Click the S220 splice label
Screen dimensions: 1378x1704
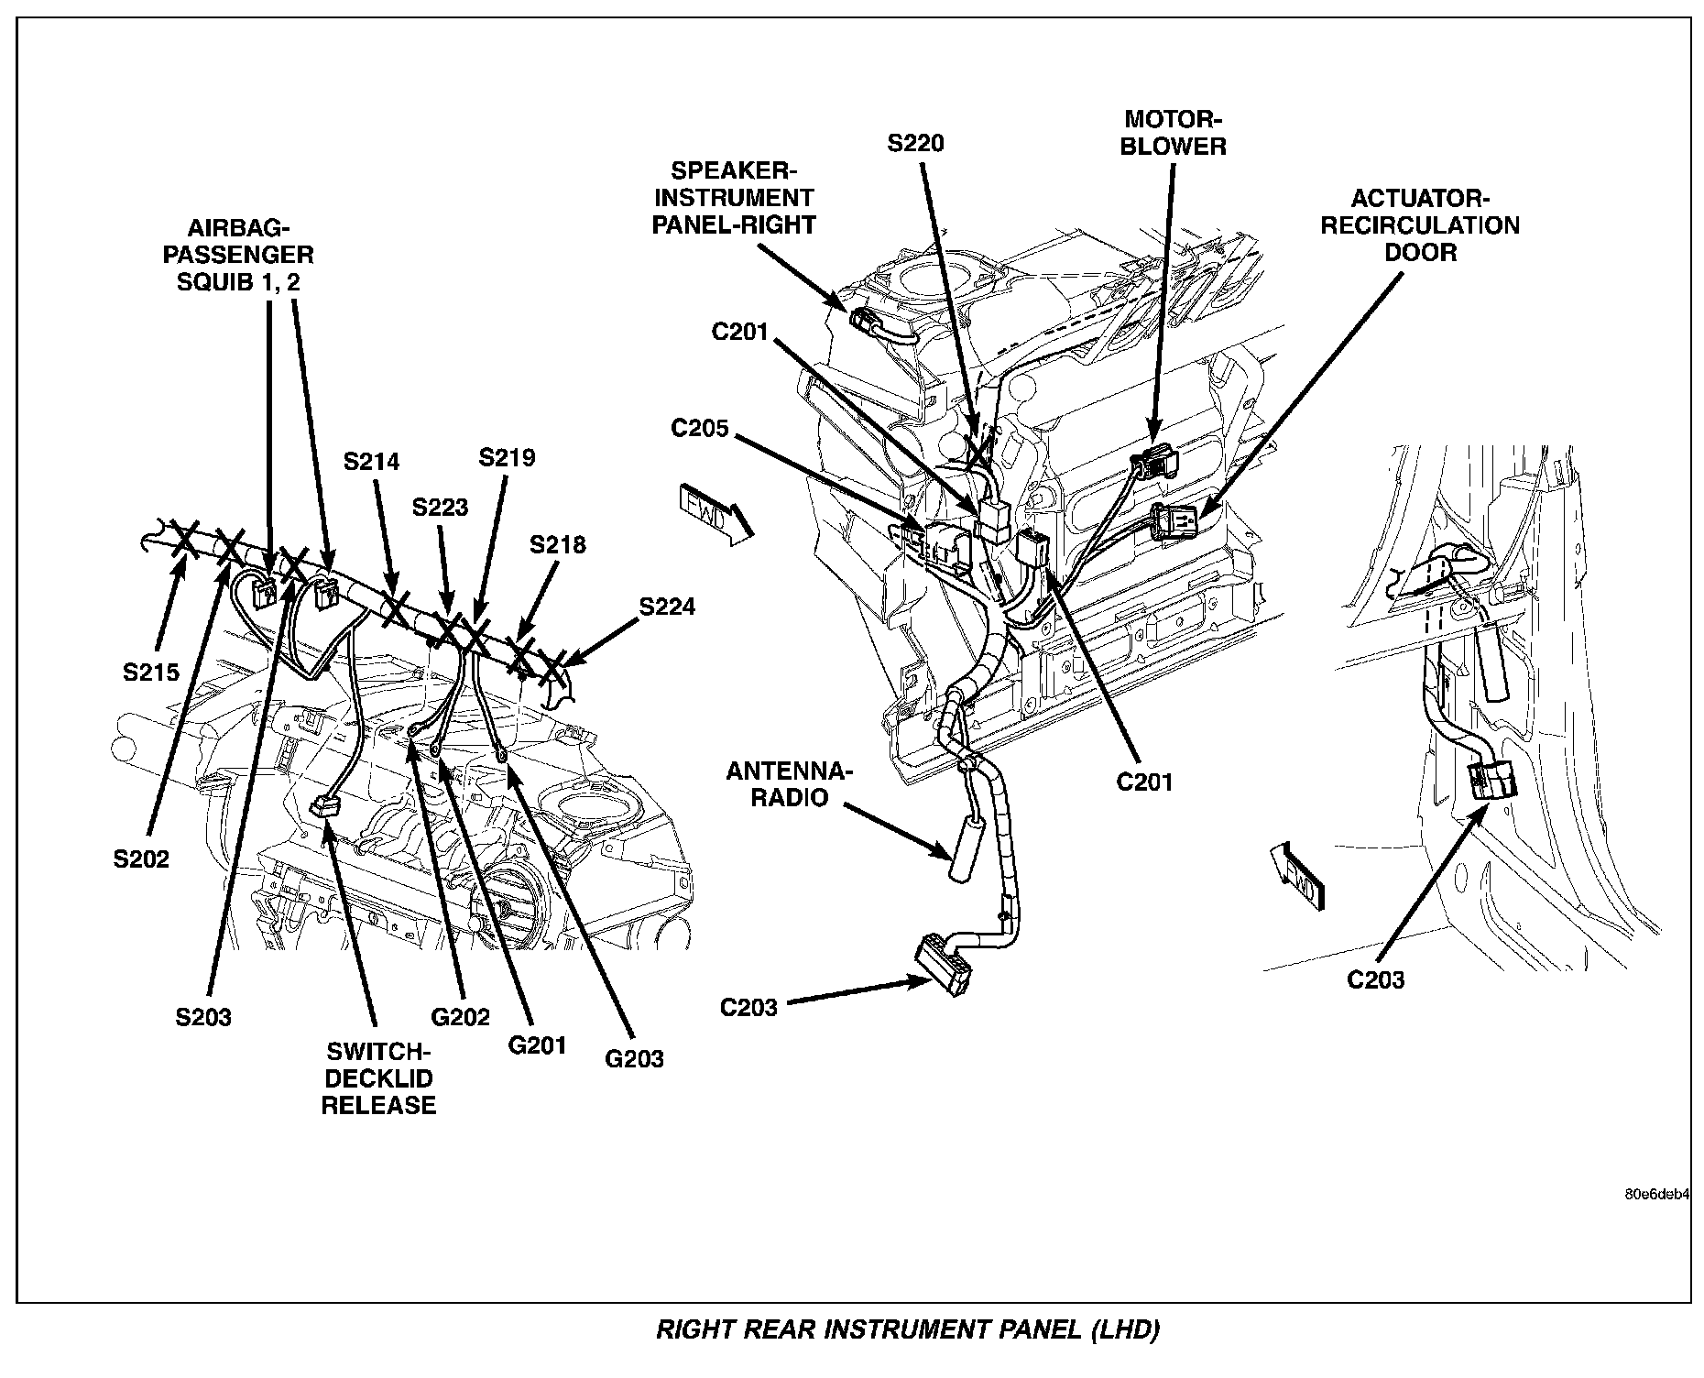(x=915, y=144)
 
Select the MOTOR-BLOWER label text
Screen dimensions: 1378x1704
(x=1173, y=134)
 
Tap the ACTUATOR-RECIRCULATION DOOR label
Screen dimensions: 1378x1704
(x=1419, y=225)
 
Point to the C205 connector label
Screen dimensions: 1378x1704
(x=700, y=428)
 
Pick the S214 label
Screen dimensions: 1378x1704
(x=372, y=462)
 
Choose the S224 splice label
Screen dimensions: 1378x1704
(x=667, y=607)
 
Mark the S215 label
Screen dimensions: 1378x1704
(x=151, y=673)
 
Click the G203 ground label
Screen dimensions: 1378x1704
(x=634, y=1059)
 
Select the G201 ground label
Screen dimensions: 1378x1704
(x=537, y=1044)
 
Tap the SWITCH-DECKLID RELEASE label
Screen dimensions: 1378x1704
(x=378, y=1079)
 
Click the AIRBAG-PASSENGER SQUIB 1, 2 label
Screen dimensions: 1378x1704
(x=238, y=255)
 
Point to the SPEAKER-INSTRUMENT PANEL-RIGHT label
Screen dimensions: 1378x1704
(x=734, y=198)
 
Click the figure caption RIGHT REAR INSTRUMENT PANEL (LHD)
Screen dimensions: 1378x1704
(x=908, y=1330)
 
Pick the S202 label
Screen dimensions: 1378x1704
(x=141, y=859)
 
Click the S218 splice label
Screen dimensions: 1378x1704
(x=557, y=545)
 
